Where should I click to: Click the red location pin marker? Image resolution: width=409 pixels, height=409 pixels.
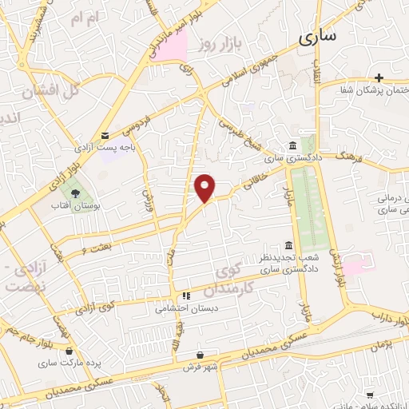[205, 188]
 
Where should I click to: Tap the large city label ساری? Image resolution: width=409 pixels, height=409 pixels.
[318, 35]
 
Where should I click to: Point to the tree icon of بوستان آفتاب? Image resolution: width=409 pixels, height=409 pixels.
[76, 192]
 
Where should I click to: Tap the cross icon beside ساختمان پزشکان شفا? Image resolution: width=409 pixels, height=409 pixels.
[379, 77]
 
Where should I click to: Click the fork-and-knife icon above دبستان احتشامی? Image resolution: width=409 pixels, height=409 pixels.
[186, 294]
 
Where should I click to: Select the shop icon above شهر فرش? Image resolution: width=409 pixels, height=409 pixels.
[200, 355]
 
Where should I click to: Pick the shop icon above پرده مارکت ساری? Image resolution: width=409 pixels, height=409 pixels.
[70, 350]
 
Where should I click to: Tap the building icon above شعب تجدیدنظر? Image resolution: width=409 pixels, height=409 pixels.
[288, 244]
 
